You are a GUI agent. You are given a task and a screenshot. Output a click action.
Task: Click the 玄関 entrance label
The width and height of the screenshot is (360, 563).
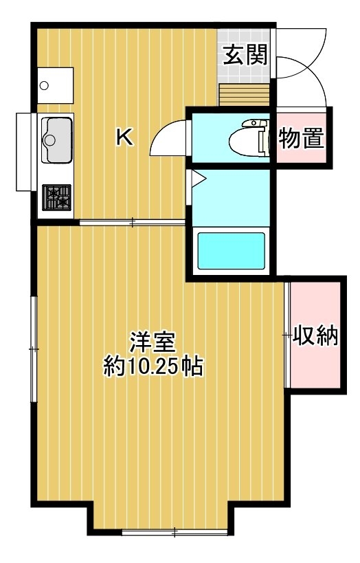click(246, 55)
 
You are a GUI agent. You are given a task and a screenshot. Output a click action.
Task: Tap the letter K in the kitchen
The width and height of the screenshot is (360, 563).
click(125, 137)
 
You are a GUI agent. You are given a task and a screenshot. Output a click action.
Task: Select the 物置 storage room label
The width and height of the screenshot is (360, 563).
click(302, 138)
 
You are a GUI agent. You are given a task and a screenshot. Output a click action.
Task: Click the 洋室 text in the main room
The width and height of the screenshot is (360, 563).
click(153, 342)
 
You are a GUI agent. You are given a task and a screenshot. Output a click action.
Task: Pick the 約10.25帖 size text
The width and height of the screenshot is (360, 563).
click(153, 366)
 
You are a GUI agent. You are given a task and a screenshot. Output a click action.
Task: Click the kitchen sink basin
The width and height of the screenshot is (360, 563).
click(57, 140)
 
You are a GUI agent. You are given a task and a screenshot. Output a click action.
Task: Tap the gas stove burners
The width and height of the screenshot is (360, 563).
click(57, 197)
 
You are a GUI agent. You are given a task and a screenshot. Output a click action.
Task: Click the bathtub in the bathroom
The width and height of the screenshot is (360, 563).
click(231, 251)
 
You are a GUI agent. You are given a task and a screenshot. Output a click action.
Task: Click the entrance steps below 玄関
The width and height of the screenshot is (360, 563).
click(244, 95)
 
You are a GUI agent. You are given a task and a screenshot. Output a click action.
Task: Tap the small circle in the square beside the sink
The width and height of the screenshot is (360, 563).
click(44, 86)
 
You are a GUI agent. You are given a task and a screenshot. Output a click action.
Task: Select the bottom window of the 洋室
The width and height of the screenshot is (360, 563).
click(175, 532)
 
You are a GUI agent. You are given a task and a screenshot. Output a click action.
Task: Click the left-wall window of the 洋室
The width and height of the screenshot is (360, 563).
click(34, 349)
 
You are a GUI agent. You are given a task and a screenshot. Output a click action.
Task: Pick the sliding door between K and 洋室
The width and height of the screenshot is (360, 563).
click(132, 223)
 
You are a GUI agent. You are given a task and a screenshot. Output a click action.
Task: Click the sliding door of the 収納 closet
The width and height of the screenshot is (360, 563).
click(287, 335)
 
